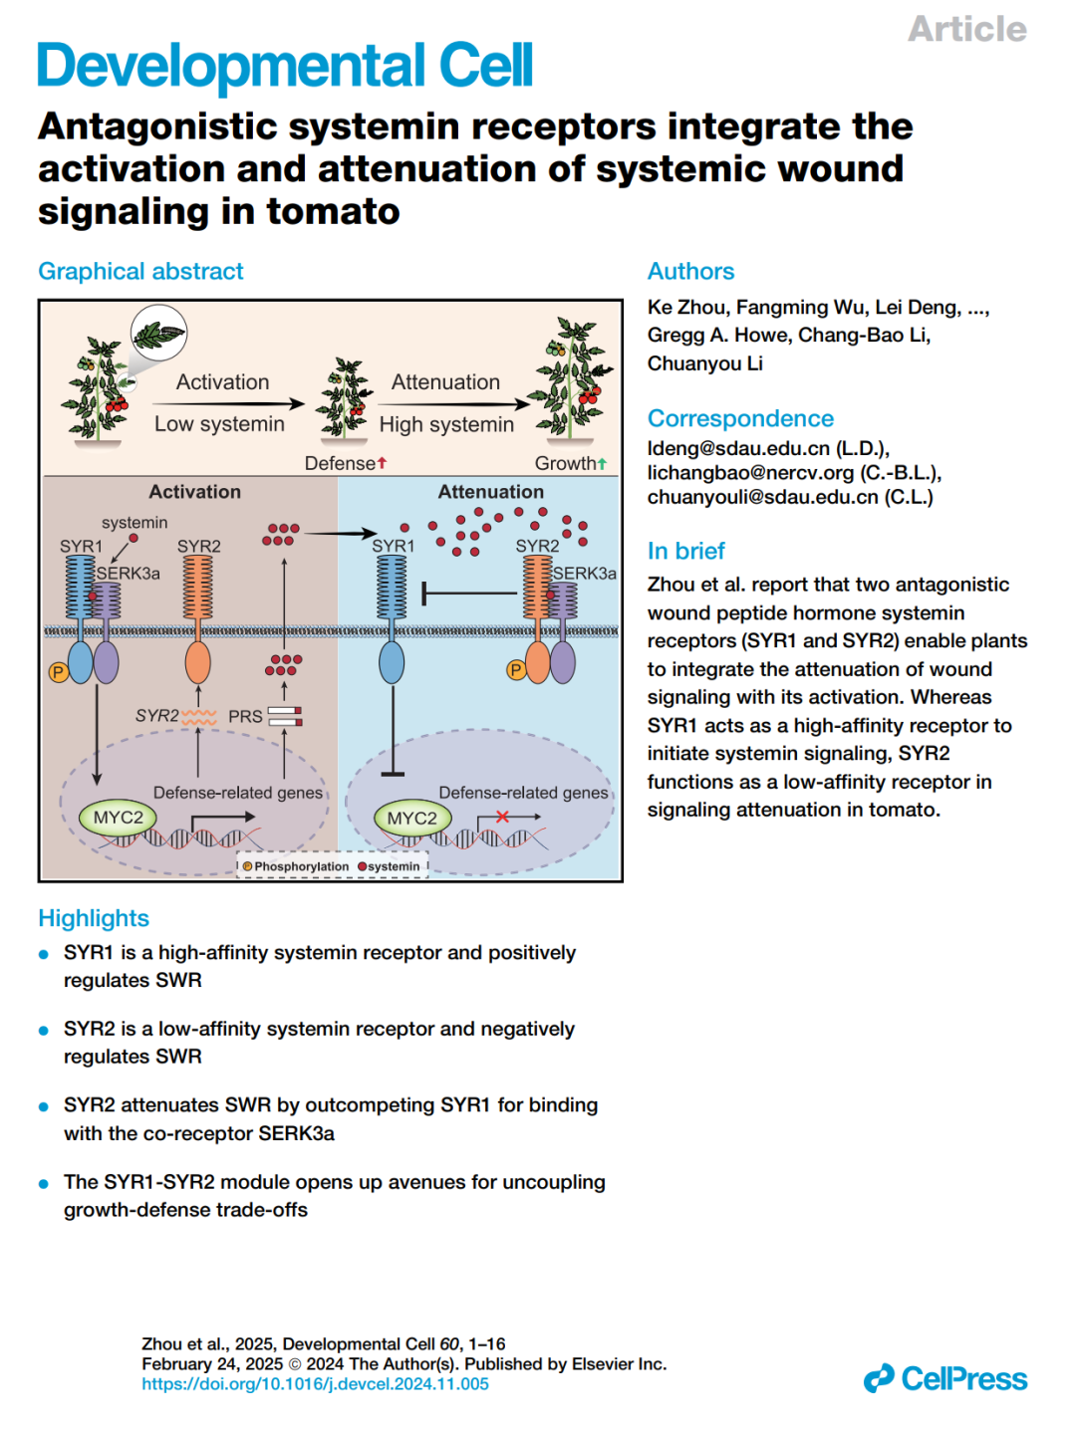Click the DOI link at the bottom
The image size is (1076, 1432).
[x=315, y=1384]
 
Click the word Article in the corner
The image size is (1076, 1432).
[x=966, y=29]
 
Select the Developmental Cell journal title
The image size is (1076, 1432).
[x=285, y=66]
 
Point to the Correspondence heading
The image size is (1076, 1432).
[x=740, y=418]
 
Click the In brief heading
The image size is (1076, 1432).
[x=685, y=551]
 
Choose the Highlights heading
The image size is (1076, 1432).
[x=94, y=918]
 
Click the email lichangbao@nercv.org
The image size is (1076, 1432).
[x=750, y=473]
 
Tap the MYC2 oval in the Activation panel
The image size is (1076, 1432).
[x=118, y=818]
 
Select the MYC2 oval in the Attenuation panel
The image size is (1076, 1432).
[x=411, y=819]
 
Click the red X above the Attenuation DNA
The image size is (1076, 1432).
[x=502, y=817]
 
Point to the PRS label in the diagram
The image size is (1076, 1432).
[x=245, y=716]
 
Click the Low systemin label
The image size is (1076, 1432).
[x=219, y=424]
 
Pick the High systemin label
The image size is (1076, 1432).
[x=446, y=425]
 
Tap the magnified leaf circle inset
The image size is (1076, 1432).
[x=158, y=333]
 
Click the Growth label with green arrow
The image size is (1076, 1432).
[x=570, y=463]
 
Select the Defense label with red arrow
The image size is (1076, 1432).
[x=345, y=463]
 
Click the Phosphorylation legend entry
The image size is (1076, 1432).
[x=296, y=866]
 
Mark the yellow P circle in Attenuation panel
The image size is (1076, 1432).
[x=516, y=670]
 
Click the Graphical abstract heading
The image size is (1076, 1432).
[x=140, y=271]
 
